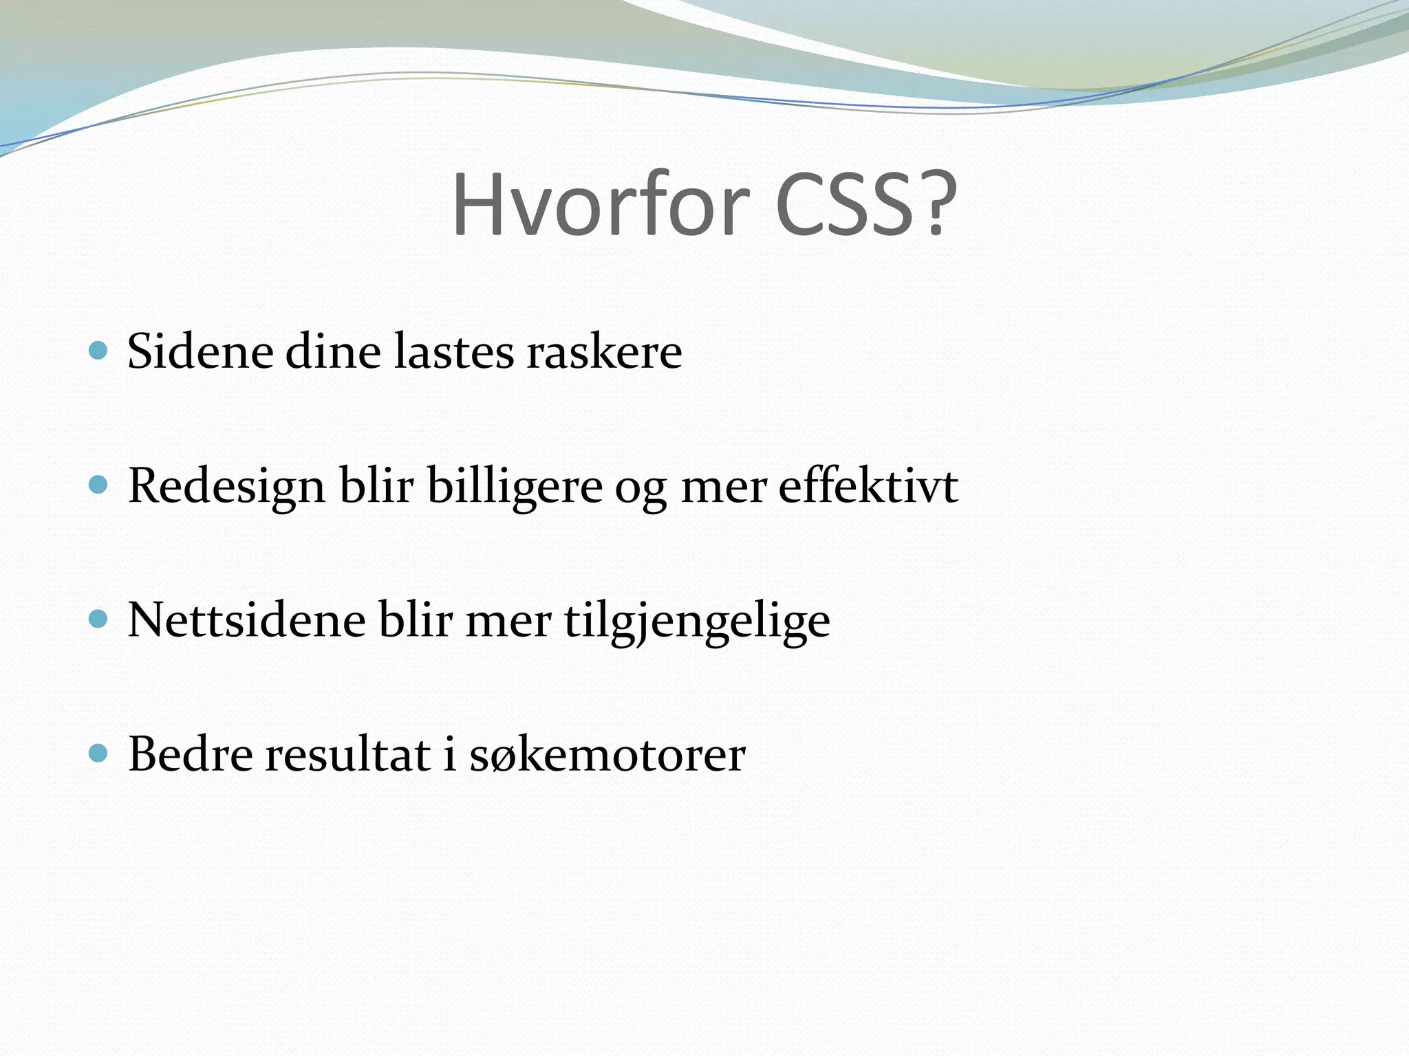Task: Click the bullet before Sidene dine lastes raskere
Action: click(99, 351)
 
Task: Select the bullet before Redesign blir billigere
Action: click(99, 485)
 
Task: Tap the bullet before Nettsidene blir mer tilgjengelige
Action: click(99, 619)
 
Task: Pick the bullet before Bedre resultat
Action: click(99, 753)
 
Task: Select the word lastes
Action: click(454, 351)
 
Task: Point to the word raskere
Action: click(604, 351)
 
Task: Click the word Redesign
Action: click(226, 487)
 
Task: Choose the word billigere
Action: click(515, 487)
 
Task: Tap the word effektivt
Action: click(868, 485)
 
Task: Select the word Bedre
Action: click(191, 754)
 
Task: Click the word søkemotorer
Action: click(607, 754)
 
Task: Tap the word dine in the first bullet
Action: click(333, 351)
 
